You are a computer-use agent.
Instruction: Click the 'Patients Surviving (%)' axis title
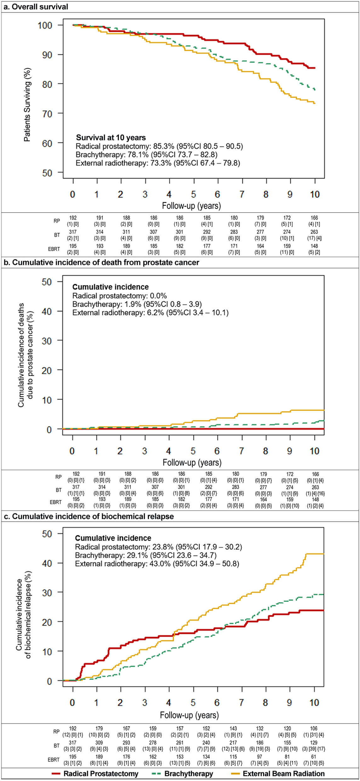tap(27, 105)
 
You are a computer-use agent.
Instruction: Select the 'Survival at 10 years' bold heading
tap(111, 138)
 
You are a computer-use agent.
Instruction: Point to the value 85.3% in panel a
tap(163, 146)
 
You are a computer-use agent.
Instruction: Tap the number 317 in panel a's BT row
tap(73, 232)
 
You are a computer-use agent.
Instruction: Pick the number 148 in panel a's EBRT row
tap(314, 246)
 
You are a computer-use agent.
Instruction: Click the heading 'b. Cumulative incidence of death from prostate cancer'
tap(101, 263)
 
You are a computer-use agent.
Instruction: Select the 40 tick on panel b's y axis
tap(46, 311)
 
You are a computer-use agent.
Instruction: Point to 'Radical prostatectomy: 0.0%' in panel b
tap(119, 296)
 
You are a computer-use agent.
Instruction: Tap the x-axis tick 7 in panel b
tap(242, 451)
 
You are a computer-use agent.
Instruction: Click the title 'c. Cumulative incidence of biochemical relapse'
tap(88, 516)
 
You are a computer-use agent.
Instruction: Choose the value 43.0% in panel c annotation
tap(159, 564)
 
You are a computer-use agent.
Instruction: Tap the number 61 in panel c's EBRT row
tap(314, 756)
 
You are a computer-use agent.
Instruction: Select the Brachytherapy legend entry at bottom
tap(188, 773)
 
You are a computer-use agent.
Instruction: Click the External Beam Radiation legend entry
tap(283, 773)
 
